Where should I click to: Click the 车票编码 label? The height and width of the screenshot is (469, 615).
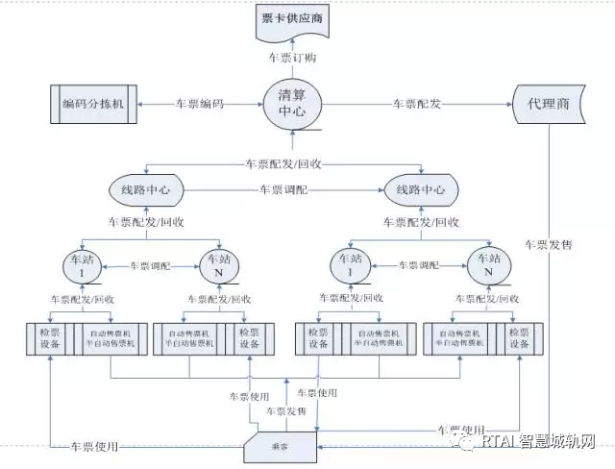click(200, 103)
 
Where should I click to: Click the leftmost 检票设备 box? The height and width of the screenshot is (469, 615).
click(49, 338)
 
